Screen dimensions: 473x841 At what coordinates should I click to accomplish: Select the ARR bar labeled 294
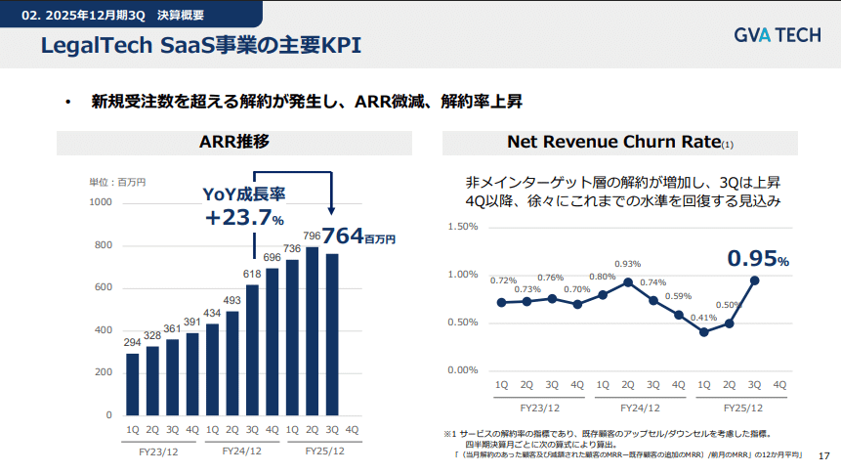click(x=132, y=383)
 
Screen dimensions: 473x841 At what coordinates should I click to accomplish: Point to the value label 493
click(x=232, y=300)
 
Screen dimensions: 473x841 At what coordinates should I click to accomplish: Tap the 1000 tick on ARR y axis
click(x=101, y=202)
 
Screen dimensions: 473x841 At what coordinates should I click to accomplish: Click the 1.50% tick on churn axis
click(x=462, y=227)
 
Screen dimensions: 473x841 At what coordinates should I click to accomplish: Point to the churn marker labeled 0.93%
click(x=627, y=282)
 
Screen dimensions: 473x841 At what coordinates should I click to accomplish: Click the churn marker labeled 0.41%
click(x=703, y=332)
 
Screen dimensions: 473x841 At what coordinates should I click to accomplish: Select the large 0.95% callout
click(x=756, y=259)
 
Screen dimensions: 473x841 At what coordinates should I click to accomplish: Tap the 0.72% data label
click(x=503, y=281)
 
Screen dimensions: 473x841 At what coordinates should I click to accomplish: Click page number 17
click(x=822, y=455)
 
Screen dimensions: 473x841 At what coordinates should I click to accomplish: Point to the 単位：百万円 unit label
click(x=117, y=182)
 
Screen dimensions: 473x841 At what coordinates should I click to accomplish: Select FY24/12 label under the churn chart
click(x=640, y=407)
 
